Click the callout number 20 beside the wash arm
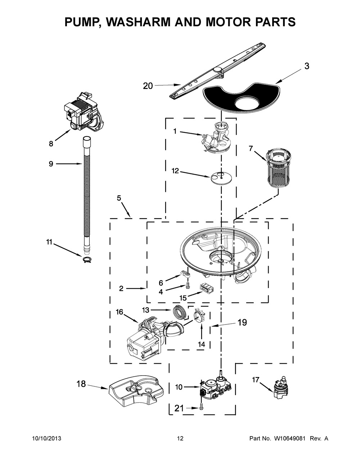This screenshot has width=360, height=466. tap(148, 86)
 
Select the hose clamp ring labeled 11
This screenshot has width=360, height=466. tap(87, 260)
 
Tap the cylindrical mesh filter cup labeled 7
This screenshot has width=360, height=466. tap(275, 170)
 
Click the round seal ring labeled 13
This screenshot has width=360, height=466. tap(180, 311)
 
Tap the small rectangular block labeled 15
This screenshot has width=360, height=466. tap(207, 289)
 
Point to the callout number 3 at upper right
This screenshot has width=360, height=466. tap(306, 66)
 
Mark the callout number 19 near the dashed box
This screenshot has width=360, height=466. tap(242, 323)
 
